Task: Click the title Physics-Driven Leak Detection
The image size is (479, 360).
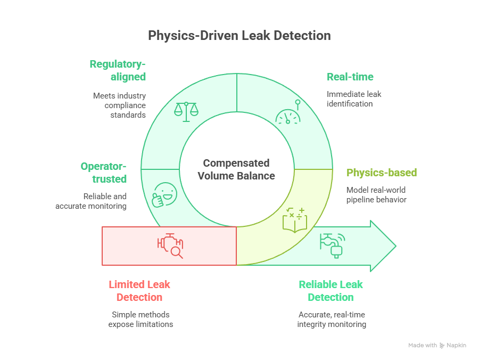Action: point(239,36)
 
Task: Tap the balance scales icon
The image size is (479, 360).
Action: point(186,110)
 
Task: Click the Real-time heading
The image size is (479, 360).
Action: point(350,77)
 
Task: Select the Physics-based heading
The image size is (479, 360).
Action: point(381,173)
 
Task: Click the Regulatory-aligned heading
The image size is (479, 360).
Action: point(118,70)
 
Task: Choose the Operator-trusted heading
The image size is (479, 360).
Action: point(104,173)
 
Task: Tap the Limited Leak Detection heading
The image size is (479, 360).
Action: point(139,291)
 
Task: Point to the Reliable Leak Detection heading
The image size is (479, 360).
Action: point(331,291)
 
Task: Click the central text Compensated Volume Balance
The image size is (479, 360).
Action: point(236,169)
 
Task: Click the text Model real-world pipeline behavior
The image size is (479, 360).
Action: point(376,194)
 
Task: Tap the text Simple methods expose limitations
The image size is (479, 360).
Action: point(141,320)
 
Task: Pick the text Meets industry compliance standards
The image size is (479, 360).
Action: point(119,105)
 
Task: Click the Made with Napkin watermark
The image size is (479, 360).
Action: point(437,345)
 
